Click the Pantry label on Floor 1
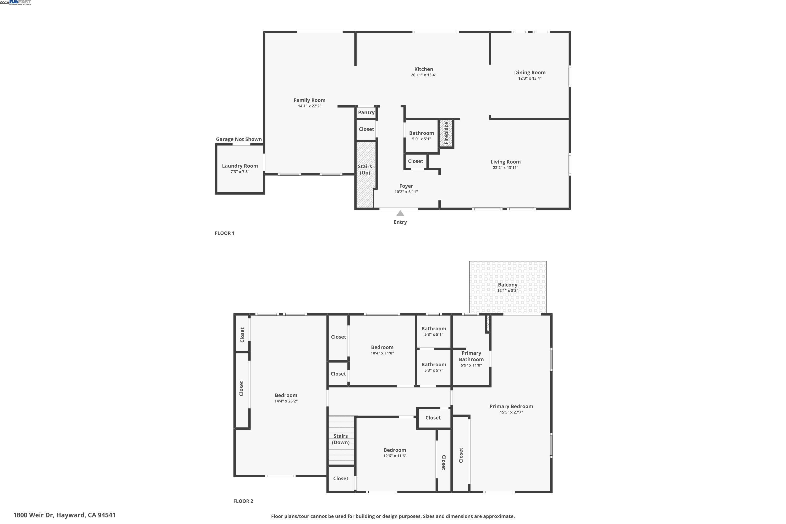(366, 112)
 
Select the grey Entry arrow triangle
(400, 213)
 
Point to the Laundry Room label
(240, 166)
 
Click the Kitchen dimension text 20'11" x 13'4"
(423, 75)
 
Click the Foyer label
(406, 186)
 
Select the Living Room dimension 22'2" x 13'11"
(505, 168)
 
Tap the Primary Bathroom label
(471, 356)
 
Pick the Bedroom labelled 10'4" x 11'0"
(382, 347)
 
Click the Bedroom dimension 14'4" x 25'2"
(286, 401)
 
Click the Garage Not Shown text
(239, 139)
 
